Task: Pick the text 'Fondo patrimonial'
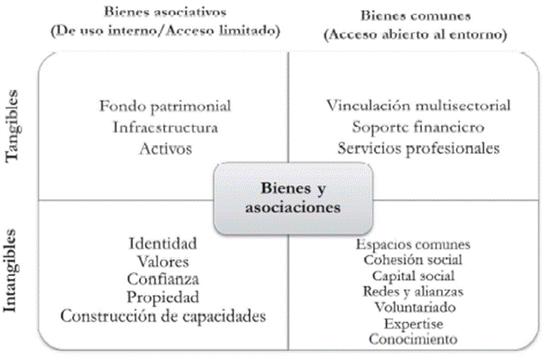click(165, 107)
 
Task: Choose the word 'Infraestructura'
click(165, 128)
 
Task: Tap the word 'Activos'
click(165, 149)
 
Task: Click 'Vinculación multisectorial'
click(418, 107)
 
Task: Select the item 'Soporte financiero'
click(418, 128)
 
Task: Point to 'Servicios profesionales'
click(418, 148)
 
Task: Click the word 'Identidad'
click(162, 242)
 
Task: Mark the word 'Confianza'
click(162, 279)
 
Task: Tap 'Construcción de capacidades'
click(162, 315)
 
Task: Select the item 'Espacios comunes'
click(414, 244)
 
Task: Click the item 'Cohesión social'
click(414, 260)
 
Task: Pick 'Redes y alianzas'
click(414, 291)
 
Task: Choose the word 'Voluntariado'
click(414, 307)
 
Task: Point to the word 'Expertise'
click(414, 322)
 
